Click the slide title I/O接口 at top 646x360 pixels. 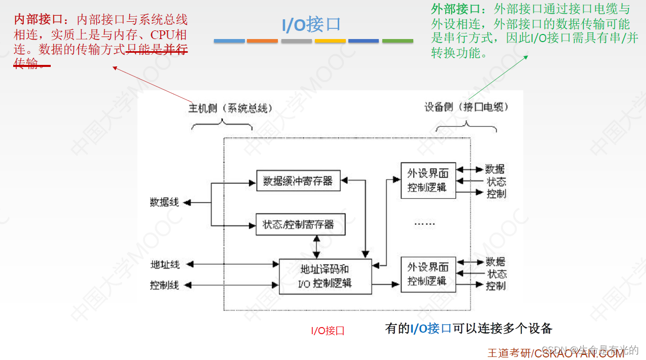(x=311, y=24)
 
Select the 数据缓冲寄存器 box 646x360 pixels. (x=298, y=181)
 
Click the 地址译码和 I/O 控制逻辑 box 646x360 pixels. (x=325, y=276)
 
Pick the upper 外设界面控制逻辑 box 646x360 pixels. (x=428, y=180)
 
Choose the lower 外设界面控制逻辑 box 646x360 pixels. (x=428, y=274)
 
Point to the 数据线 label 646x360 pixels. (x=164, y=202)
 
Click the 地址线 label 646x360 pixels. (x=165, y=264)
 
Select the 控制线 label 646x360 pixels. (x=164, y=285)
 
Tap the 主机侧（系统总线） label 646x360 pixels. (x=231, y=108)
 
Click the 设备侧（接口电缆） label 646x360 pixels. (x=466, y=107)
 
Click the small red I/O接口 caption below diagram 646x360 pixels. (x=328, y=331)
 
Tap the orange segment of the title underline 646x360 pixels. (x=262, y=41)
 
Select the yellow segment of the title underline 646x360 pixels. (x=330, y=41)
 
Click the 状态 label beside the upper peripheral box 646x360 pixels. (x=496, y=182)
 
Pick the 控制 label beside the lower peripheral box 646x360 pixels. (x=495, y=286)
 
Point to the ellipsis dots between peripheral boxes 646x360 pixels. (x=425, y=224)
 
